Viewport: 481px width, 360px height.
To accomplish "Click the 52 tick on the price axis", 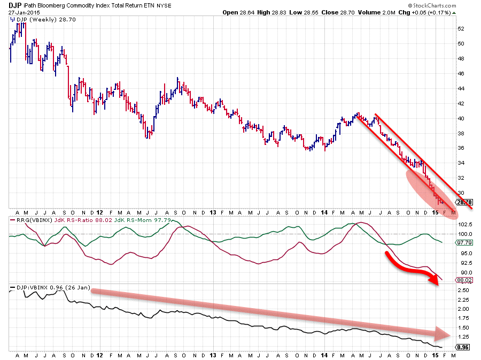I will point(461,28).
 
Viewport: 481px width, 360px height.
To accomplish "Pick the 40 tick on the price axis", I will point(461,118).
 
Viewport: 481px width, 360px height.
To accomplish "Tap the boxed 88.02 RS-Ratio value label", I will point(462,279).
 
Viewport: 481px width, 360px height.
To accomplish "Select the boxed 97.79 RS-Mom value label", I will point(462,242).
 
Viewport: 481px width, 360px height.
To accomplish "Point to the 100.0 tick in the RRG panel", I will point(464,234).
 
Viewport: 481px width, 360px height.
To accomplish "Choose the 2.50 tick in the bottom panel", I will point(463,290).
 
